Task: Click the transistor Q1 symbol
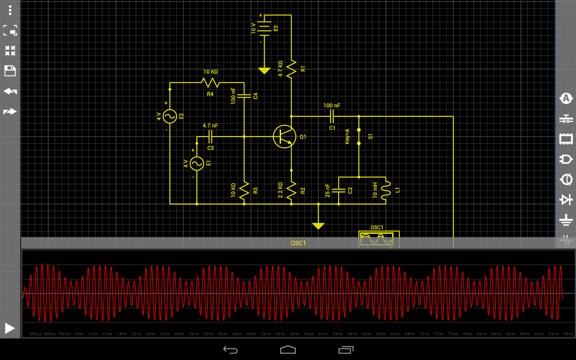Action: [x=284, y=136]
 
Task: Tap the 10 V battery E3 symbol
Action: [x=264, y=28]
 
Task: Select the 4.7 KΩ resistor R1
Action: [x=291, y=69]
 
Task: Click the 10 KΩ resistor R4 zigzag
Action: [x=210, y=83]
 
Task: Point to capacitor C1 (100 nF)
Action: [x=332, y=116]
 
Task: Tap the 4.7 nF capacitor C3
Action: [x=210, y=137]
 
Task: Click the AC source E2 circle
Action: [x=170, y=116]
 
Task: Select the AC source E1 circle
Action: [x=197, y=163]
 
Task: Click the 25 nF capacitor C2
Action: [x=339, y=190]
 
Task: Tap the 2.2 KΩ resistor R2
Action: [x=291, y=190]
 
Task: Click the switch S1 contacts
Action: [x=359, y=136]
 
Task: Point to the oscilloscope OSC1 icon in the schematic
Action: [x=377, y=239]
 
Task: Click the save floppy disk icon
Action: [x=10, y=71]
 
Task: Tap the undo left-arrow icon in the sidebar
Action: [x=10, y=91]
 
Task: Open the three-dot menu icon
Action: [x=10, y=10]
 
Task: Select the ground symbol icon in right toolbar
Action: [x=566, y=220]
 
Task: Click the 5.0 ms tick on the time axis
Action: [x=309, y=334]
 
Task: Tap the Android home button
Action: [x=288, y=350]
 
